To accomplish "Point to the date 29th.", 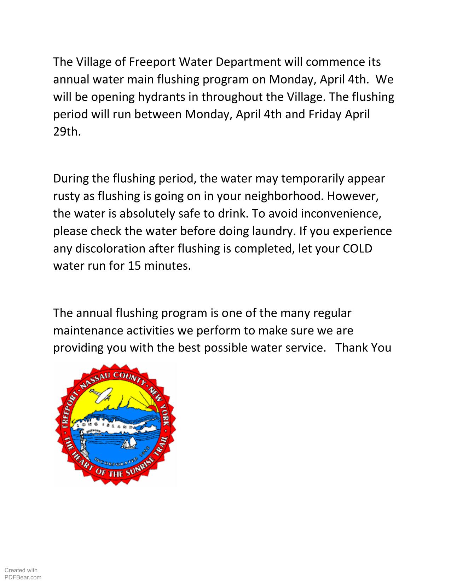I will point(67,132).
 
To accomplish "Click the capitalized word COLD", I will point(358,248).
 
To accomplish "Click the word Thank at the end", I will point(352,348).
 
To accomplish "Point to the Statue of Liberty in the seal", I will point(83,442).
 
